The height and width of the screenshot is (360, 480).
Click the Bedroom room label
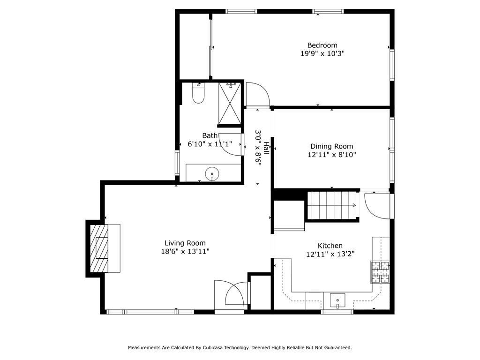coord(322,45)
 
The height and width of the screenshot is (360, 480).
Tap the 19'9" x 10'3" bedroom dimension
coord(322,53)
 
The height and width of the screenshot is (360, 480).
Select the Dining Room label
coord(331,146)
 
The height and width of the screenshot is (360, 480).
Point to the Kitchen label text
coord(330,246)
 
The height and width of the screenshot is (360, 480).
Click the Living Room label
coord(185,243)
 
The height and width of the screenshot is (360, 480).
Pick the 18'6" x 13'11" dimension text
coord(185,252)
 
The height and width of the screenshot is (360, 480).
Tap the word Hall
coord(266,148)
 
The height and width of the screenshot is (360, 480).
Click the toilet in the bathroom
coord(198,93)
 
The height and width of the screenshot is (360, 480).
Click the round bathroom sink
coord(212,174)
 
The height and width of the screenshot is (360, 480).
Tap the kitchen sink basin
coord(337,300)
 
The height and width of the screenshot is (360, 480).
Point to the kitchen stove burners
coord(380,272)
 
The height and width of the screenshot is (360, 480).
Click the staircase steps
coord(332,205)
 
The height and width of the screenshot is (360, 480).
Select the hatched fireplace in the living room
coord(99,248)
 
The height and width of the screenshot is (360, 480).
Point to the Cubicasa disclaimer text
coord(240,347)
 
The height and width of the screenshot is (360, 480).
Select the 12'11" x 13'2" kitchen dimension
coord(330,254)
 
